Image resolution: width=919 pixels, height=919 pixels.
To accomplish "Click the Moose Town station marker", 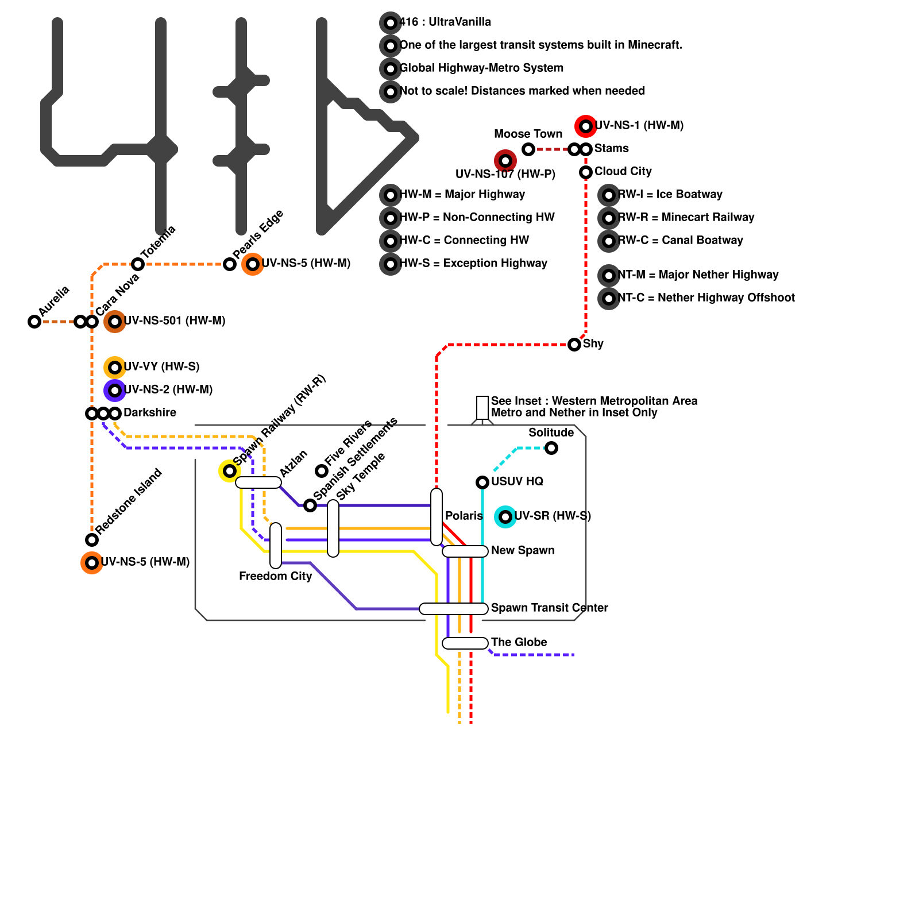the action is [528, 149].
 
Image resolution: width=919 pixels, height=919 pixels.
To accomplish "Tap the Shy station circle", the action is [574, 345].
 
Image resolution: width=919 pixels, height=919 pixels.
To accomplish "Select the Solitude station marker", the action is [551, 448].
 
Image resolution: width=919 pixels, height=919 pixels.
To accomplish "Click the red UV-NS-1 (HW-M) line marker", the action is [586, 126].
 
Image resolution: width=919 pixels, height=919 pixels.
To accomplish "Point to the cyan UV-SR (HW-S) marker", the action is [505, 517].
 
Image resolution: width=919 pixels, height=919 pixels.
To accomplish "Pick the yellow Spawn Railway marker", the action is [230, 471].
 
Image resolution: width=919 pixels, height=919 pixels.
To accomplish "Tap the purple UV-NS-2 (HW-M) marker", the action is [115, 391].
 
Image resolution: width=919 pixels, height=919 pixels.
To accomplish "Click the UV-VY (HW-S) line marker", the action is [115, 368].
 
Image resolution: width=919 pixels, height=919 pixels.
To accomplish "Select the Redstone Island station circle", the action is [92, 540].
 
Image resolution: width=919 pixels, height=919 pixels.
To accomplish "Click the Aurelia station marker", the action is [34, 322].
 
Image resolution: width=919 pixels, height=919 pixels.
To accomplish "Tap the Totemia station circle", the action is [138, 264].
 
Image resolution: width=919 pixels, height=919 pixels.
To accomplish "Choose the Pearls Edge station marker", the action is [230, 264].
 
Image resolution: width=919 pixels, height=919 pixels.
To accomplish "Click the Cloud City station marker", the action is [586, 172].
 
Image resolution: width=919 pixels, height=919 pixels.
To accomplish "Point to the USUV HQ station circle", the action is [482, 482].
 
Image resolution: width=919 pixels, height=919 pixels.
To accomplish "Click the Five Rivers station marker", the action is [322, 471].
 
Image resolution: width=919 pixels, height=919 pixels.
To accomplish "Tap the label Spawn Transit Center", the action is [550, 608].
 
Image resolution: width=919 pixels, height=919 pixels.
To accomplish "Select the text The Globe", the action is [519, 642].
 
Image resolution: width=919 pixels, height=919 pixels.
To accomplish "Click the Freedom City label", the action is [276, 576].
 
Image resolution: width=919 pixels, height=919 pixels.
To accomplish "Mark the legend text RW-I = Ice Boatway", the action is [670, 194].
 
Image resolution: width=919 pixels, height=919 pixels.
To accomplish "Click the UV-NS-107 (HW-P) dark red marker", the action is [505, 161].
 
